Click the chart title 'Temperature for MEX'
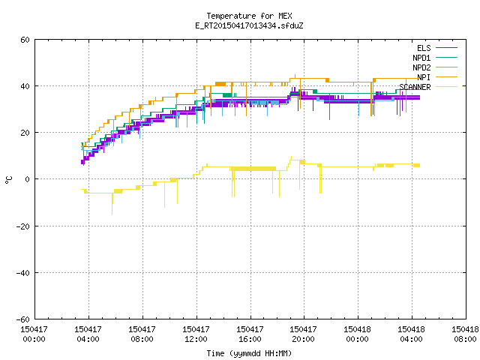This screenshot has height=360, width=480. tap(249, 16)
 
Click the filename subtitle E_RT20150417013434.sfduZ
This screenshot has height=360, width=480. tap(249, 25)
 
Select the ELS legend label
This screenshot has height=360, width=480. tap(424, 48)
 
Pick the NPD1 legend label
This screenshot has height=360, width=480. tap(421, 58)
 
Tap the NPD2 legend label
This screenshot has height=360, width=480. tap(421, 67)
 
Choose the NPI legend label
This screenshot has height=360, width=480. tap(424, 77)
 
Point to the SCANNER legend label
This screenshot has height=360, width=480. tap(415, 87)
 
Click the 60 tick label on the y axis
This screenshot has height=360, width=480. tap(25, 40)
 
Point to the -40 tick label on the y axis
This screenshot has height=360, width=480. tap(23, 273)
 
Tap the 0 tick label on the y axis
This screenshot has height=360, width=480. tap(28, 179)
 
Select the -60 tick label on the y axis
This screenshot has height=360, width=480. tap(23, 319)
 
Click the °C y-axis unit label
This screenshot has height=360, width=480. tap(8, 180)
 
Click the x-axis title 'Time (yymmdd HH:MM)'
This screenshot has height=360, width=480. tap(249, 353)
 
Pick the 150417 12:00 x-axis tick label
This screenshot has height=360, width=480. tap(196, 334)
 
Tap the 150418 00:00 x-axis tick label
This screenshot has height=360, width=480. tap(357, 334)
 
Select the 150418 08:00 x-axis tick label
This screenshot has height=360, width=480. tap(465, 334)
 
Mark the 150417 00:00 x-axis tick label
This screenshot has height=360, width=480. tap(34, 334)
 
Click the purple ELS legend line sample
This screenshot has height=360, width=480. tap(446, 48)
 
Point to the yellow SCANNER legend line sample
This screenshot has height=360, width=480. tap(446, 87)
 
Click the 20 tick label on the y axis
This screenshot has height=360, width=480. tap(25, 133)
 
